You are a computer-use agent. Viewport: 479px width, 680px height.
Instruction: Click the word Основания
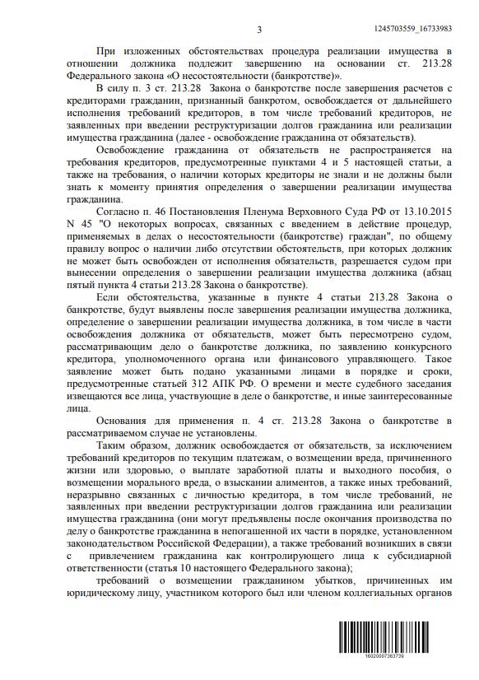(x=123, y=422)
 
